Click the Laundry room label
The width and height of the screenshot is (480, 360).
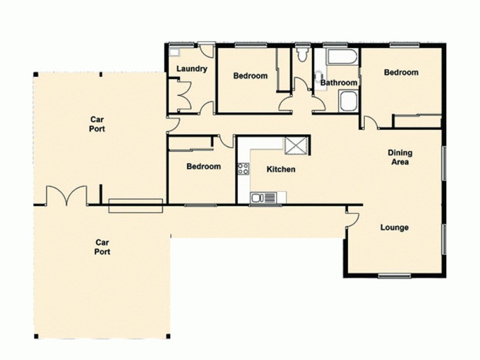[x=192, y=69]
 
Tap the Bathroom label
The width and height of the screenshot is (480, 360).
[x=339, y=83]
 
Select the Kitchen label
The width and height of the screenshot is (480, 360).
[x=281, y=170]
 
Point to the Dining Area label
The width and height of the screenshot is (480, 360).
[x=400, y=158]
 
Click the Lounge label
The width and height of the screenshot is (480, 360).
[x=394, y=228]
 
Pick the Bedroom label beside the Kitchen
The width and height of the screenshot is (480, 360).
[x=203, y=167]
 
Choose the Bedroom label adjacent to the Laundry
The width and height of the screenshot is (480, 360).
[x=250, y=76]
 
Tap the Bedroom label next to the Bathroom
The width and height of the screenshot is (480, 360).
[x=401, y=73]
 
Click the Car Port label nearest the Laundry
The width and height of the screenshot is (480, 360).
[x=97, y=124]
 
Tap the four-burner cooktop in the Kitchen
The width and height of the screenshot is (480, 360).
[x=243, y=169]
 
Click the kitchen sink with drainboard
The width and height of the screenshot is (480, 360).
[x=263, y=197]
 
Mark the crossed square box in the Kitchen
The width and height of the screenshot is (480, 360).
[x=296, y=145]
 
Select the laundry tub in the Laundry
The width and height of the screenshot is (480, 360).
[x=175, y=52]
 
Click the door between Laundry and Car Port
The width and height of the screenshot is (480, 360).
[x=172, y=125]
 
